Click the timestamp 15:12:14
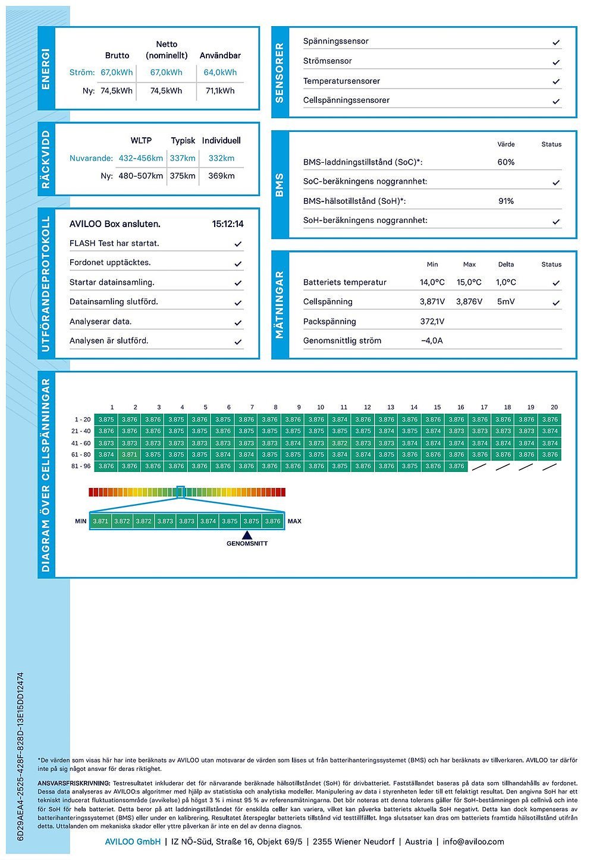click(x=228, y=224)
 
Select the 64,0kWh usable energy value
click(x=220, y=73)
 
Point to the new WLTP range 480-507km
click(x=140, y=176)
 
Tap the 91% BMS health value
click(x=506, y=201)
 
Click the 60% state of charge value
click(x=506, y=162)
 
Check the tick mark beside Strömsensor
click(x=556, y=62)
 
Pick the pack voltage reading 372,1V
click(x=432, y=322)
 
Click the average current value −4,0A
click(x=432, y=341)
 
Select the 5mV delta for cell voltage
click(x=506, y=301)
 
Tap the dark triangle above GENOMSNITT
click(x=247, y=535)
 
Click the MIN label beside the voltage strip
click(x=81, y=521)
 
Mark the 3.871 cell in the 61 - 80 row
click(x=130, y=455)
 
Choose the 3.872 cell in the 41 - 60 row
click(x=340, y=443)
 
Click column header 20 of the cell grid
click(x=554, y=407)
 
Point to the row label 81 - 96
click(x=81, y=467)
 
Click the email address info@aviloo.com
click(x=473, y=842)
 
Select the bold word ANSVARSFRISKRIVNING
click(x=74, y=783)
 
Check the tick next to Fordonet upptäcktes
click(x=238, y=263)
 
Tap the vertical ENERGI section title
click(x=46, y=69)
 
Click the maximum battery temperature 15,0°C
click(x=469, y=282)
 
